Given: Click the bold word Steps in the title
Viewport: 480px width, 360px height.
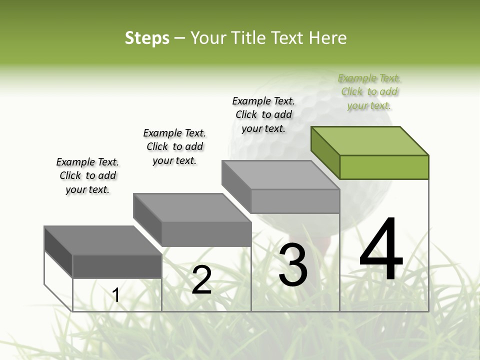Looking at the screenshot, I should click(x=146, y=38).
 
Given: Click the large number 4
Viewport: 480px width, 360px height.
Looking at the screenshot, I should click(x=381, y=250).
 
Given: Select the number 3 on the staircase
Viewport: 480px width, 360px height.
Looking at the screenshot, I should click(x=292, y=265).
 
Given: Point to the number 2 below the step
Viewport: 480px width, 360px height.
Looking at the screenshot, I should click(x=201, y=280).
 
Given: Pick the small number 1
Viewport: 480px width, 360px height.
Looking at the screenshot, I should click(x=116, y=295).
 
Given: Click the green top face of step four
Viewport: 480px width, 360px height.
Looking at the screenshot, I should click(x=370, y=140).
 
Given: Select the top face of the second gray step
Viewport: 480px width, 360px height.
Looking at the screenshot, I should click(x=192, y=207).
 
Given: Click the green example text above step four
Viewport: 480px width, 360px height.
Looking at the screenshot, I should click(x=369, y=92).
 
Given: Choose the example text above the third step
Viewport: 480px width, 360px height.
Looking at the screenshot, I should click(x=263, y=114).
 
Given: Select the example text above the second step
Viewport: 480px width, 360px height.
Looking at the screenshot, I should click(x=174, y=146).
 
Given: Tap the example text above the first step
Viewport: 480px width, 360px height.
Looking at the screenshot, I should click(x=87, y=175).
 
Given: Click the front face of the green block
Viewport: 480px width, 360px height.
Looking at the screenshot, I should click(x=384, y=167).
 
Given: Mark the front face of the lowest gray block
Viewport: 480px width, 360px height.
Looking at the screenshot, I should click(x=117, y=266).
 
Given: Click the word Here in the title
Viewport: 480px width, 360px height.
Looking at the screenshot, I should click(x=329, y=38).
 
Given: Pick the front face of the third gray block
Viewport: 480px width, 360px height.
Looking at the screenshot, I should click(x=295, y=201).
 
